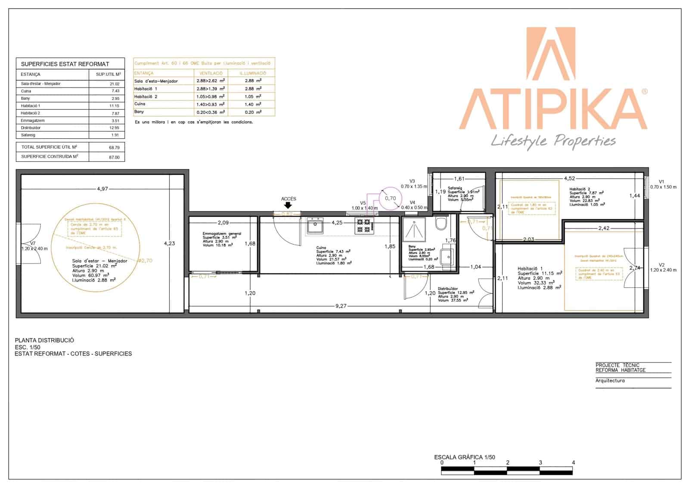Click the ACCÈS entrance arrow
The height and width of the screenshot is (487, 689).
click(x=288, y=206)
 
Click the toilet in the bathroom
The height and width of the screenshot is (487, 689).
click(x=441, y=223)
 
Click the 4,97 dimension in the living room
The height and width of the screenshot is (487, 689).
click(x=102, y=189)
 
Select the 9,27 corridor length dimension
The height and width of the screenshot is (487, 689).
click(x=341, y=306)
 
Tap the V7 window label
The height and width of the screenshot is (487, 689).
click(x=33, y=243)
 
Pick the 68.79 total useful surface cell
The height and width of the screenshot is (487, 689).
click(x=114, y=147)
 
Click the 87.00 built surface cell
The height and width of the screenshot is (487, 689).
click(x=114, y=158)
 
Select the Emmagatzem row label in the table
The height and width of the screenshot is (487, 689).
click(x=33, y=121)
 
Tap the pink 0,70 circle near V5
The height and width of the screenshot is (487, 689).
click(x=390, y=199)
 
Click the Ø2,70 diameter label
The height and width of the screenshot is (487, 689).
click(x=145, y=261)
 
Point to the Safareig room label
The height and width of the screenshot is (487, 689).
click(x=455, y=188)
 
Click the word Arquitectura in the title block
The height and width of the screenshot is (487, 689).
click(x=610, y=381)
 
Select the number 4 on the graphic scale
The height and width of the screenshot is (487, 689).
click(x=573, y=462)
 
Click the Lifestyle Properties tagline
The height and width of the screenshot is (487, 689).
click(x=553, y=141)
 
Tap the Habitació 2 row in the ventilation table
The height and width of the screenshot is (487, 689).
click(x=146, y=96)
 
